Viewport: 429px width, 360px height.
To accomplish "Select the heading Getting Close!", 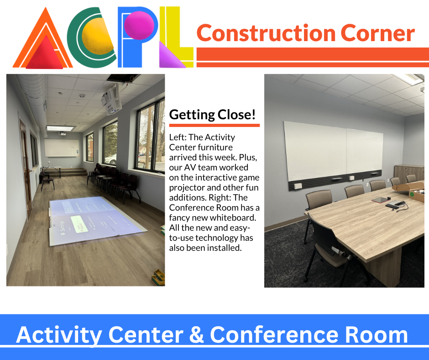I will tap(212, 115).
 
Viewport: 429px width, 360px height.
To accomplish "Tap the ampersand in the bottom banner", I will tap(196, 335).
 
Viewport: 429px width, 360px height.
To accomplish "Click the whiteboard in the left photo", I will tap(61, 148).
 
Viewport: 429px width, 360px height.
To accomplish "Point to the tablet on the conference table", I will tap(379, 200).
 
